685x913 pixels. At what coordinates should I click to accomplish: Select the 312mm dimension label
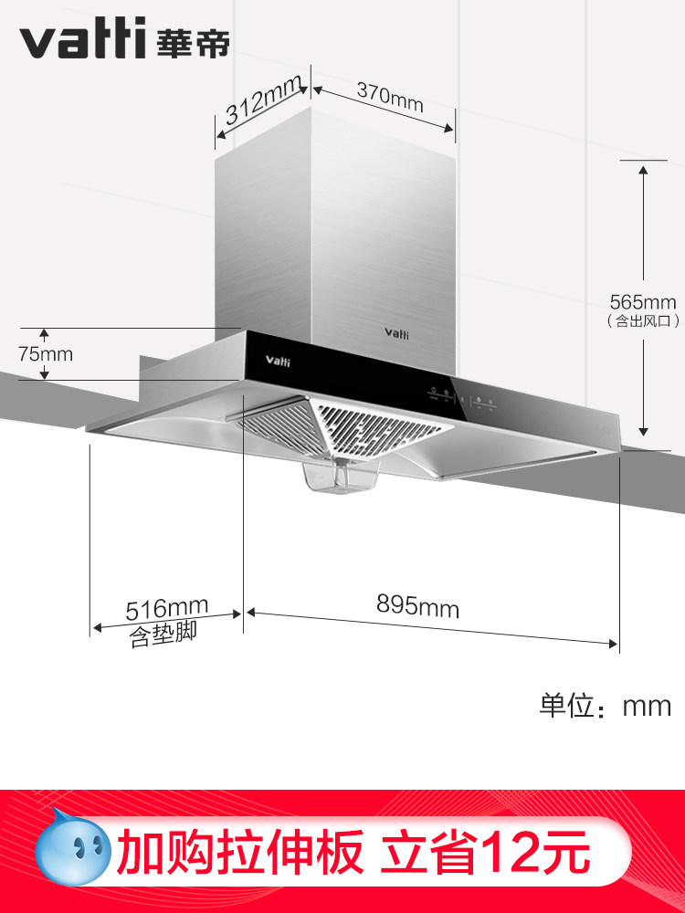pos(263,103)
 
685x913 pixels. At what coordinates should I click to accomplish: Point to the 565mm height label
pos(643,301)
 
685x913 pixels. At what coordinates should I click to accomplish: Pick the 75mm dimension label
pos(47,353)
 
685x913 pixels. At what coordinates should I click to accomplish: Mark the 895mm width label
pos(418,604)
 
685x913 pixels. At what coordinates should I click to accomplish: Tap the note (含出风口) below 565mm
pos(643,321)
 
